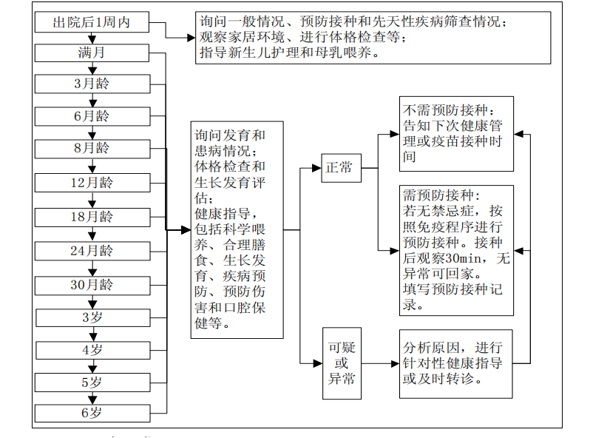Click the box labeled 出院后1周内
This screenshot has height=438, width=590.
(92, 23)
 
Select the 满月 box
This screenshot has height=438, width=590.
(92, 53)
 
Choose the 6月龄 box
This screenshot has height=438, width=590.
(92, 116)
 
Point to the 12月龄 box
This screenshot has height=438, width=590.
(92, 183)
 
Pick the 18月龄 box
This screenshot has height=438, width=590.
(92, 217)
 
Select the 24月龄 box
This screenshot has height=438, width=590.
(92, 251)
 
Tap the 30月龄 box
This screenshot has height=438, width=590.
(92, 284)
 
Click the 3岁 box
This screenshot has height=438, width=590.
(92, 317)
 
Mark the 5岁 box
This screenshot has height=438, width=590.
(92, 383)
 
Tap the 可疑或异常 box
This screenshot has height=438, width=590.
(341, 363)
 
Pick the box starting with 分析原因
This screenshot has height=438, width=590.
(455, 363)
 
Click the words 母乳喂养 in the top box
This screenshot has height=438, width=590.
(351, 53)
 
